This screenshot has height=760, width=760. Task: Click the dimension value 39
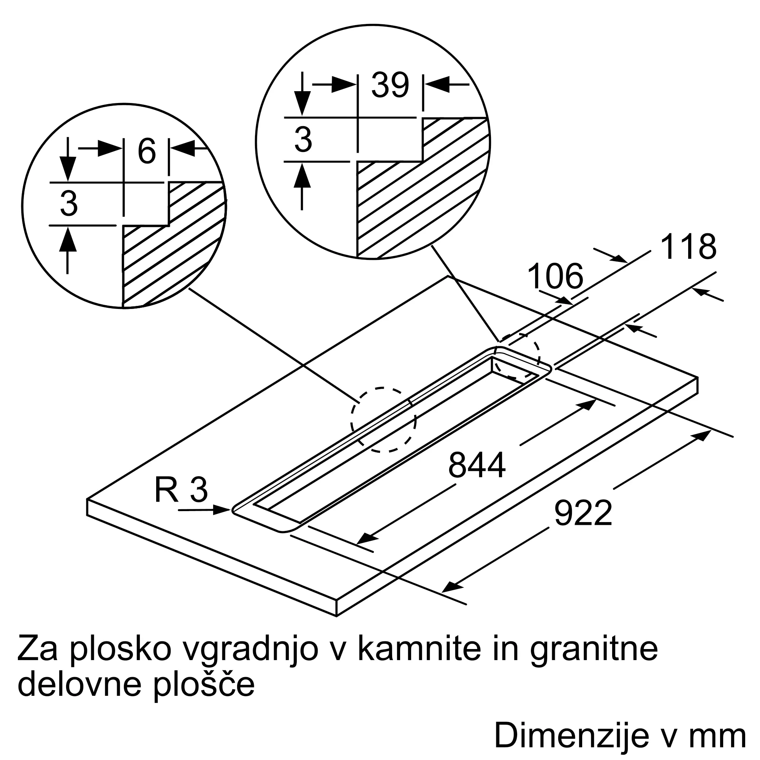click(390, 85)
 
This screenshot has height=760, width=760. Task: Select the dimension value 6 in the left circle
click(147, 152)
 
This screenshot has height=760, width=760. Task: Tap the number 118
click(688, 247)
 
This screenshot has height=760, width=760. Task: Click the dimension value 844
click(477, 465)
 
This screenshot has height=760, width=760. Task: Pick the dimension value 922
click(583, 513)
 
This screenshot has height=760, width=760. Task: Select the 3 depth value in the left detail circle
click(69, 204)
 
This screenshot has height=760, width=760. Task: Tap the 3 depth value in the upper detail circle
click(303, 139)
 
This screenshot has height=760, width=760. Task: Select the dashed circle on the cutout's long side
click(383, 420)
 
